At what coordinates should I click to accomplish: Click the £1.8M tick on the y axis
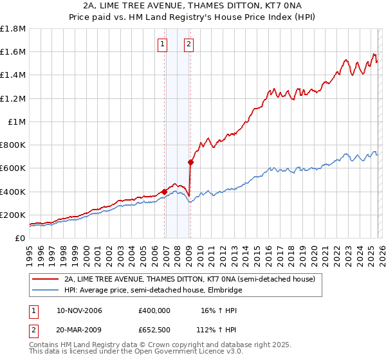pyautogui.click(x=14, y=29)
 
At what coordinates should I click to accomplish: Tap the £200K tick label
pyautogui.click(x=13, y=215)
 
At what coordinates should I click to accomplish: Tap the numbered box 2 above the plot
pyautogui.click(x=189, y=44)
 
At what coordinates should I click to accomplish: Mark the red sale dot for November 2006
pyautogui.click(x=165, y=192)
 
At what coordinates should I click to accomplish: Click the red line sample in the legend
pyautogui.click(x=45, y=280)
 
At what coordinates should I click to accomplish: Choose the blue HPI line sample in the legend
pyautogui.click(x=45, y=291)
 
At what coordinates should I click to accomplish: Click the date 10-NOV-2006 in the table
pyautogui.click(x=79, y=310)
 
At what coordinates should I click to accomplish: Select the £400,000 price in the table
pyautogui.click(x=154, y=310)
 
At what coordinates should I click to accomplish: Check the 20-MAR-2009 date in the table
pyautogui.click(x=79, y=329)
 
